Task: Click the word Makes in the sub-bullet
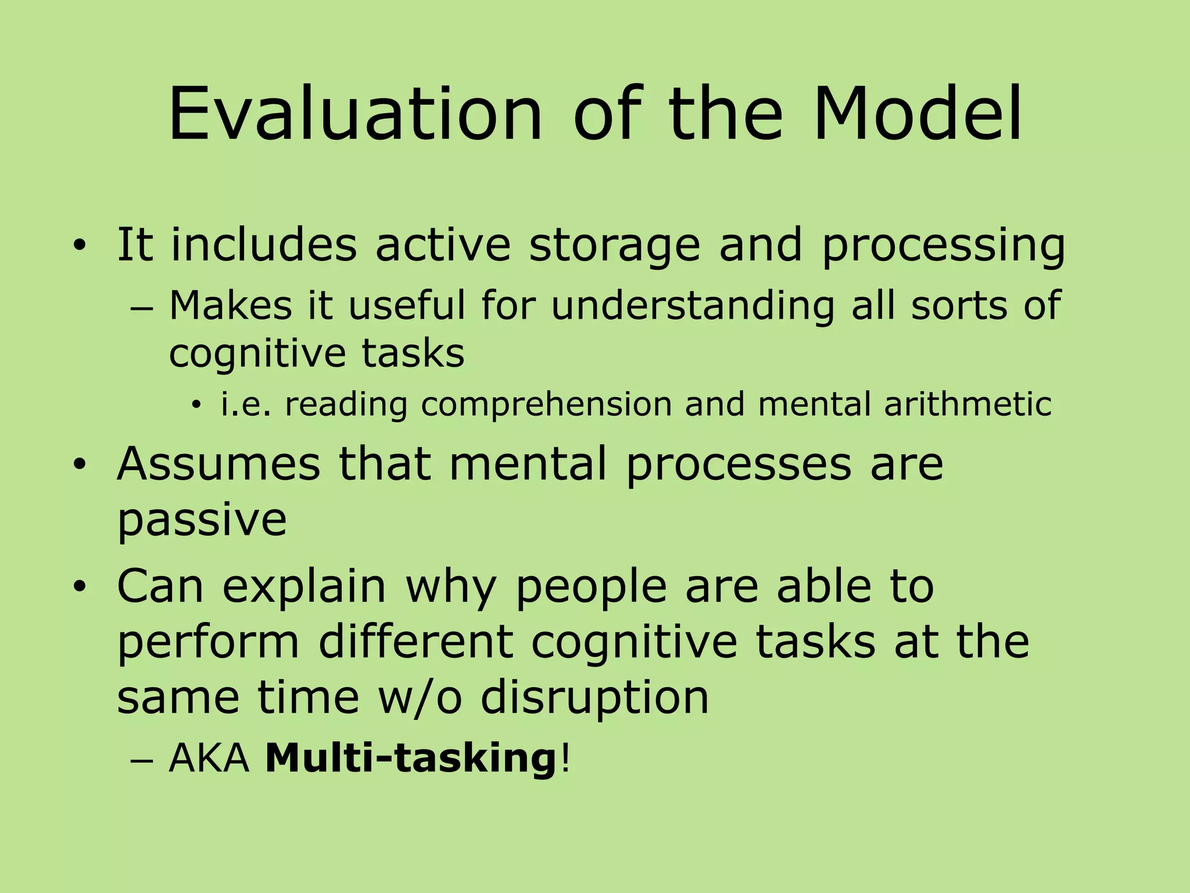(230, 305)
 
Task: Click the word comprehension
(546, 405)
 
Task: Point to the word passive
(202, 520)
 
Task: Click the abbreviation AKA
(209, 759)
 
